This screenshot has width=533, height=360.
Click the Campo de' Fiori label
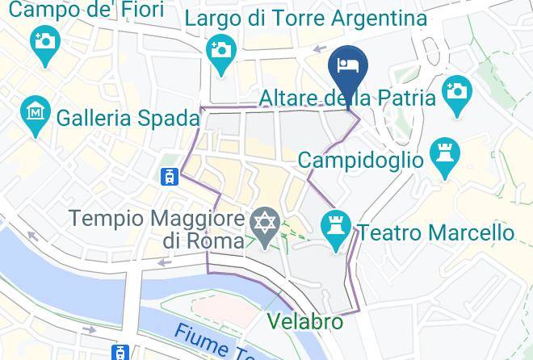pos(86,10)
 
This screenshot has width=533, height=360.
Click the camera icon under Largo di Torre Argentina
pos(220,48)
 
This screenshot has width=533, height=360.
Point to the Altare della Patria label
pos(347,98)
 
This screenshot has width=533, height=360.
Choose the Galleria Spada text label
pos(128,118)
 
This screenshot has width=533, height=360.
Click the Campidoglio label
pos(360,160)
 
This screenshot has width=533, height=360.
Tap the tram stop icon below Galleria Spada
pos(170,177)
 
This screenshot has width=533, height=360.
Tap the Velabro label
pos(304,322)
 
